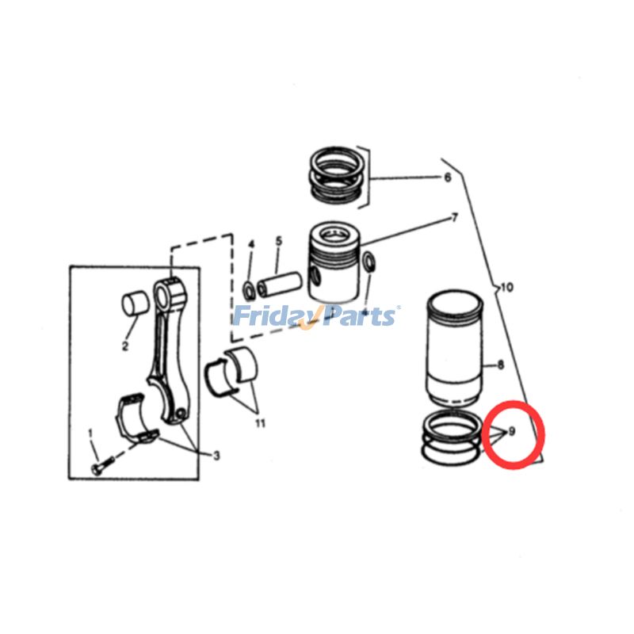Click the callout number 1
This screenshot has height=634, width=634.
click(90, 433)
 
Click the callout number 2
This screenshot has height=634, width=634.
click(125, 346)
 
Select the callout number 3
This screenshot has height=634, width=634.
click(216, 455)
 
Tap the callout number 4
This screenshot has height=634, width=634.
click(251, 243)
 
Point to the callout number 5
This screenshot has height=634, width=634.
click(278, 240)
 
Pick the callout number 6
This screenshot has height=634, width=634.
click(447, 178)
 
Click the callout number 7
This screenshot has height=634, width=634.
click(454, 216)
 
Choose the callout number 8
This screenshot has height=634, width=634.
click(500, 365)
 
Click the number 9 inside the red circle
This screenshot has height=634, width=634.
click(512, 431)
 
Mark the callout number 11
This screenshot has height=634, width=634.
click(260, 422)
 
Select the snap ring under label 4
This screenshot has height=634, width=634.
click(247, 288)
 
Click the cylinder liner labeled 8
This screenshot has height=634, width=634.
click(455, 349)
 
